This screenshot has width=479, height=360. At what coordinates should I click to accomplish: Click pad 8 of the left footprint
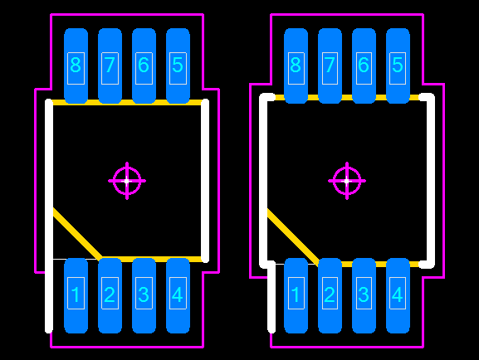pyautogui.click(x=76, y=66)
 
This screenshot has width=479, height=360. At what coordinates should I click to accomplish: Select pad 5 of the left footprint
pyautogui.click(x=178, y=66)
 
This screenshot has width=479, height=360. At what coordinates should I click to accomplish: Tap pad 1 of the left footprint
pyautogui.click(x=76, y=295)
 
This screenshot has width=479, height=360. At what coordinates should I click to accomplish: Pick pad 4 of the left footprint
pyautogui.click(x=178, y=295)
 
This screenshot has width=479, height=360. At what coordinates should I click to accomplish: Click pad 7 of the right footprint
pyautogui.click(x=330, y=66)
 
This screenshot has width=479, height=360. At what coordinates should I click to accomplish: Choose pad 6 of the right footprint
pyautogui.click(x=364, y=66)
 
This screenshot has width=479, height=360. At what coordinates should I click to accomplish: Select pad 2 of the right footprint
pyautogui.click(x=330, y=295)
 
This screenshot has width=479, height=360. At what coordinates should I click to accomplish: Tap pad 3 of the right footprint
pyautogui.click(x=364, y=295)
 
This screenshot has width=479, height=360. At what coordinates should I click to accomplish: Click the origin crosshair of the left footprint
pyautogui.click(x=127, y=181)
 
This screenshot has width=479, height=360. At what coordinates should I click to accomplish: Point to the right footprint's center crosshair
pyautogui.click(x=347, y=181)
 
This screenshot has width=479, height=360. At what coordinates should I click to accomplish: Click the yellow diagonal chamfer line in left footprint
pyautogui.click(x=77, y=234)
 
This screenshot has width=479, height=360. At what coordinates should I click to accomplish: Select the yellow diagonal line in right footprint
pyautogui.click(x=293, y=235)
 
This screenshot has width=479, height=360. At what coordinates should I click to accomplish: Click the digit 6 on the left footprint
pyautogui.click(x=144, y=65)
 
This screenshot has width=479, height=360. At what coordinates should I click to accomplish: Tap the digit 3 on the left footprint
pyautogui.click(x=144, y=294)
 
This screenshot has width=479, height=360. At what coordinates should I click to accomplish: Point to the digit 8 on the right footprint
pyautogui.click(x=296, y=65)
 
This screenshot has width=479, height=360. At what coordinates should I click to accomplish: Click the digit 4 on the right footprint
pyautogui.click(x=397, y=294)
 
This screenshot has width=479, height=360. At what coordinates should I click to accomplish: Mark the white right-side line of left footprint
pyautogui.click(x=205, y=181)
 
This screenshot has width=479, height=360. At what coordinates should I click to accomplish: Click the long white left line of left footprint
pyautogui.click(x=49, y=216)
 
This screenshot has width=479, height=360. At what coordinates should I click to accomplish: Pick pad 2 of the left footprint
pyautogui.click(x=110, y=295)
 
